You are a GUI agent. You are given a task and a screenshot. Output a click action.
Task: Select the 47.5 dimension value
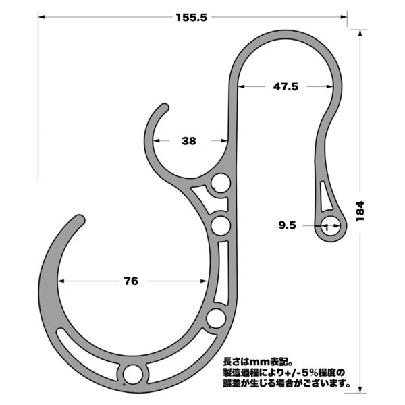point(286,86)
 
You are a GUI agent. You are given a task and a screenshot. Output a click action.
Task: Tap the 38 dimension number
point(189,141)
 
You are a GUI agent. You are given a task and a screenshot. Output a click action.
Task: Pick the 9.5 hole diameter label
point(286,226)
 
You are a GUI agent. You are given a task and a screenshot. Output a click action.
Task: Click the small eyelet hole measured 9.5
point(329,228)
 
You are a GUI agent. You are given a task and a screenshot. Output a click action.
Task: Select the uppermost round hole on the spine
point(220,183)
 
